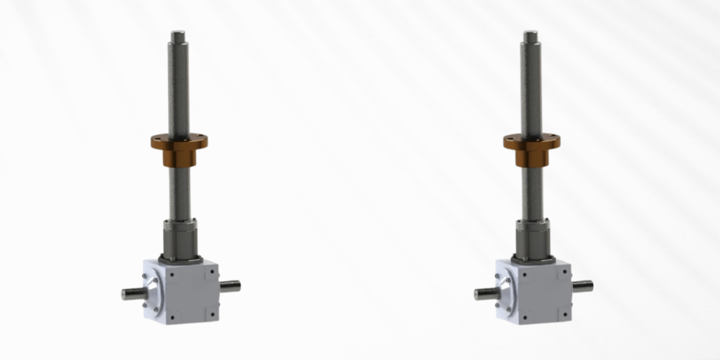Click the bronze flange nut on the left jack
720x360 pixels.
tap(179, 143)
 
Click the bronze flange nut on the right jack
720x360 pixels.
tap(532, 143)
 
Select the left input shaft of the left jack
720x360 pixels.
tap(131, 294)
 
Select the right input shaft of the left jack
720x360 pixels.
tap(229, 286)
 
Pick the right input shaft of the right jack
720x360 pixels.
tap(581, 286)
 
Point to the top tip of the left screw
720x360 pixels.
tap(179, 34)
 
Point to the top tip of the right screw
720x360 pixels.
tap(531, 34)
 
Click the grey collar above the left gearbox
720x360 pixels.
tap(180, 239)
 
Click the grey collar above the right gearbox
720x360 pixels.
tap(532, 239)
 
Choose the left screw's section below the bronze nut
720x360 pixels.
tap(179, 193)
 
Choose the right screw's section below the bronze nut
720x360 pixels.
tap(532, 193)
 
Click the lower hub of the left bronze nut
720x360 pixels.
tap(179, 158)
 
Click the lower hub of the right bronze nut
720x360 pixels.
tap(532, 158)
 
